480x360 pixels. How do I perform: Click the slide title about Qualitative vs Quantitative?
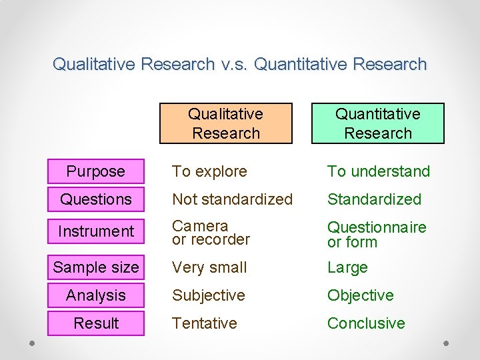[239, 64]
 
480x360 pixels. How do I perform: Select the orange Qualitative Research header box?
[225, 123]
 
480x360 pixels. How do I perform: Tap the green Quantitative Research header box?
[377, 123]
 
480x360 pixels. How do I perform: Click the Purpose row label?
[96, 171]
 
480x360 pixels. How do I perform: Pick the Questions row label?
[96, 199]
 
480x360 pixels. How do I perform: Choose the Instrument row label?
[96, 231]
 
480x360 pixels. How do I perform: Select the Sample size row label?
[96, 267]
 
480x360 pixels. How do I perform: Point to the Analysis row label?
[96, 295]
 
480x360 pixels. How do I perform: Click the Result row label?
[96, 323]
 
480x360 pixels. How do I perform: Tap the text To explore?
[209, 171]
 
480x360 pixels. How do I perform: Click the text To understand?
[378, 171]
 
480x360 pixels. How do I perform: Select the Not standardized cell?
[232, 199]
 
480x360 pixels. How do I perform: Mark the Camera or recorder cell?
[211, 233]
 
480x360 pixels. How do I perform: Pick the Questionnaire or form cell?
[376, 235]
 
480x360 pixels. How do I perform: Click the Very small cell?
[209, 267]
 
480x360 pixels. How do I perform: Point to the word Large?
[347, 267]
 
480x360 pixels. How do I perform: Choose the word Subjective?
[209, 295]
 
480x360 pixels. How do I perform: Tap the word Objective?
[360, 295]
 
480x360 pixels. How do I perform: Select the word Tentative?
[205, 323]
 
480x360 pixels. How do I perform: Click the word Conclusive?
[366, 323]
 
